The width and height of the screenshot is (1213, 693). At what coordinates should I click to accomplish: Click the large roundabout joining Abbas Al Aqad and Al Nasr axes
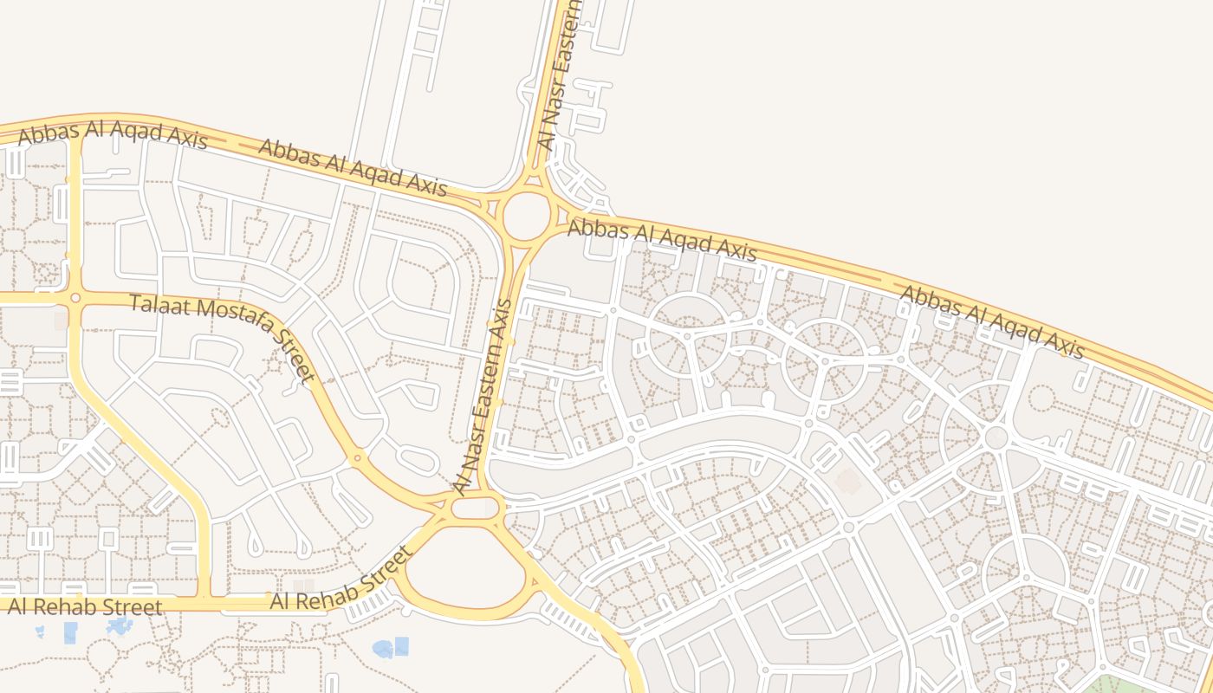point(526,216)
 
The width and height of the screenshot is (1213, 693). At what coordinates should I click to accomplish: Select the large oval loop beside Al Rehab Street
point(464,568)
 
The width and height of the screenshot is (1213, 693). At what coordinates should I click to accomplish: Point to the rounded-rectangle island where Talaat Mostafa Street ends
point(476,508)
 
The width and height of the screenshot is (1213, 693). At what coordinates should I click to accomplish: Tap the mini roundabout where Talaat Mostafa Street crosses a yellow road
point(75,298)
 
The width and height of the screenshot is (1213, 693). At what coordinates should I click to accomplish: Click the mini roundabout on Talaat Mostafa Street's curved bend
point(355,457)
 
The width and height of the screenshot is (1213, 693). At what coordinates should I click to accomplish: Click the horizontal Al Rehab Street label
point(84,606)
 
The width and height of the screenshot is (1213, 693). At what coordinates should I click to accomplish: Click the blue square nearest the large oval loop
point(401,645)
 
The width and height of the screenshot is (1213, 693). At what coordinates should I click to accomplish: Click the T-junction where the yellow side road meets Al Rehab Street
point(204,598)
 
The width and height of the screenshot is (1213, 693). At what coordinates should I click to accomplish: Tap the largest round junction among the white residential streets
point(996,437)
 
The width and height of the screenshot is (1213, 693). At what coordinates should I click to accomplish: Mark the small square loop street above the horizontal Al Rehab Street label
point(107,538)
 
